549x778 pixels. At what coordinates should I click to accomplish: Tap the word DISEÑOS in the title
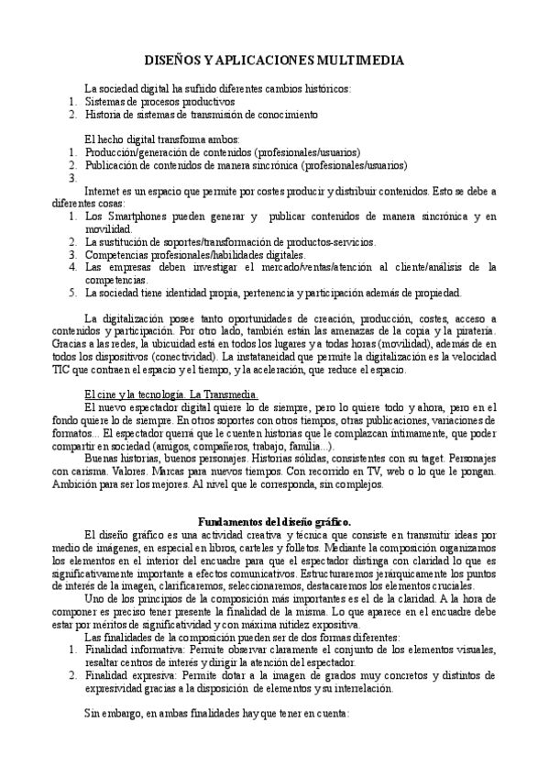pyautogui.click(x=174, y=61)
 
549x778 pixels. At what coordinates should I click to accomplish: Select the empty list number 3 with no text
pyautogui.click(x=73, y=178)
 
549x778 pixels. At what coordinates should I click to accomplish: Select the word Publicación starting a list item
pyautogui.click(x=114, y=165)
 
